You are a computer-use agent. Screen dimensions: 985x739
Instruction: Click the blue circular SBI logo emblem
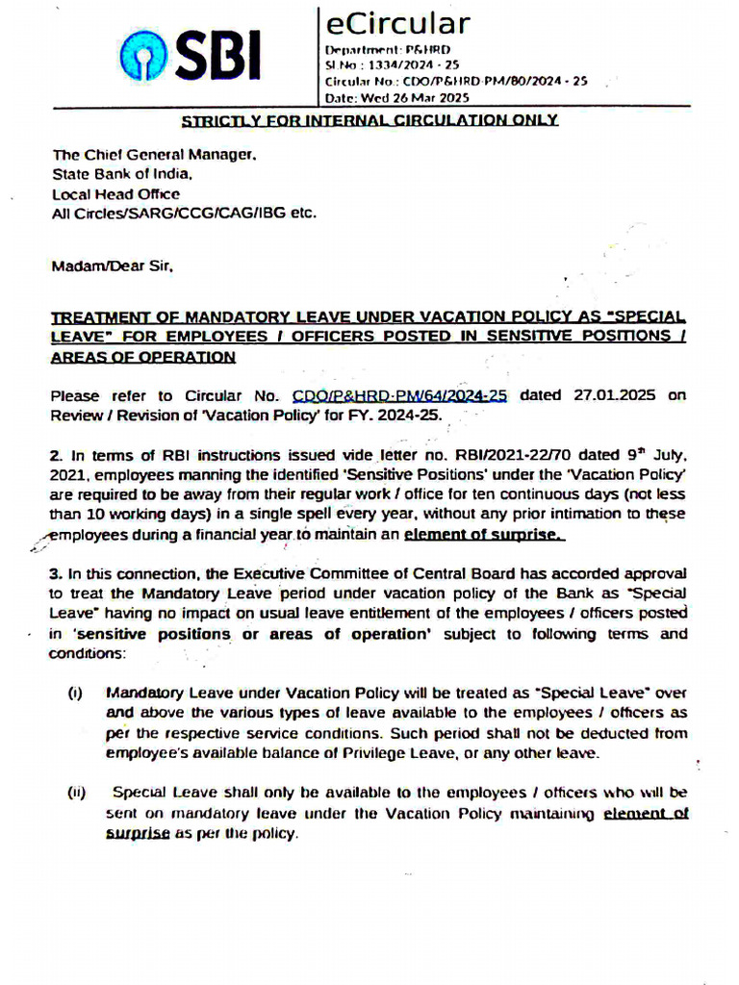(145, 59)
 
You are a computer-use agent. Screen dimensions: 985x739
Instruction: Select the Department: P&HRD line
(387, 49)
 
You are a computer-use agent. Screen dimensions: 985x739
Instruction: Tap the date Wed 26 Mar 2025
(410, 97)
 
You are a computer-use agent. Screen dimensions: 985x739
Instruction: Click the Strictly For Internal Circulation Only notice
(370, 120)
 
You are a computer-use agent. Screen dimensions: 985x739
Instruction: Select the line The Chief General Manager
(154, 154)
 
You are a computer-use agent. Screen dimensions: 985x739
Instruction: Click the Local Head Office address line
(115, 194)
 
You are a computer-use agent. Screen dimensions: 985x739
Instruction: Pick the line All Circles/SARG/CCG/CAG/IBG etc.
(184, 214)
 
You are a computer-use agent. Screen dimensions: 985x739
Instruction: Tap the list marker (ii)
(77, 794)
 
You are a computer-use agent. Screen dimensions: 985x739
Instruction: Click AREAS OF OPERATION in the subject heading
(142, 357)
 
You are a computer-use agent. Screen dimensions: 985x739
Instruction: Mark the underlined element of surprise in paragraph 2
(484, 535)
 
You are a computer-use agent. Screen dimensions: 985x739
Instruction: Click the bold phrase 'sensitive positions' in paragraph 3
(153, 635)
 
